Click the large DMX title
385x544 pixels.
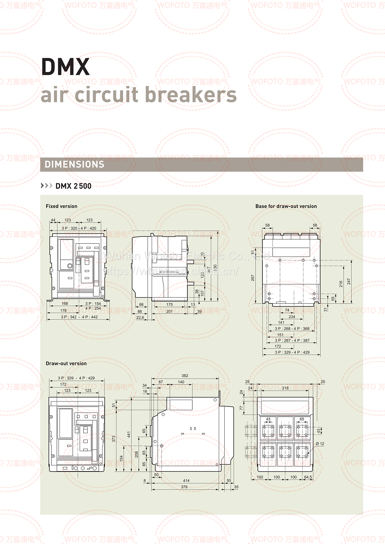tap(65, 67)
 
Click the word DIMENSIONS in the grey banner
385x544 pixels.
tap(75, 164)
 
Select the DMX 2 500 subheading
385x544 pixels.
tap(73, 186)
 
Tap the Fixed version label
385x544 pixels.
tap(61, 206)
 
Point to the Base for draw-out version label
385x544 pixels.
tap(286, 206)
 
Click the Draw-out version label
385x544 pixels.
tap(66, 363)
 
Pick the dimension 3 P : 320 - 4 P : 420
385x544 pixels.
tap(79, 228)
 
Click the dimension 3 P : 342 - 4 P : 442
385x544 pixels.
tap(79, 317)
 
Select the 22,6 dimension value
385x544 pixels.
tap(140, 318)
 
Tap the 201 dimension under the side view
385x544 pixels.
tap(169, 311)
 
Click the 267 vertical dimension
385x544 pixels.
tap(253, 278)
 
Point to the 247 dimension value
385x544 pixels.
tap(349, 281)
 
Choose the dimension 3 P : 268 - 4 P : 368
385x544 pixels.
tap(292, 329)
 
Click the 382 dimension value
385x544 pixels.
tap(185, 376)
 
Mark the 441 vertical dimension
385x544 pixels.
tap(128, 435)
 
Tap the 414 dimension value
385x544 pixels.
tap(186, 481)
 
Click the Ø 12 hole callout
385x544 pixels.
tap(320, 444)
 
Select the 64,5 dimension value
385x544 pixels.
tap(308, 477)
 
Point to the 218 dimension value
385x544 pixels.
tap(285, 388)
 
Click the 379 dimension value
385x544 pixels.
tap(184, 487)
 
